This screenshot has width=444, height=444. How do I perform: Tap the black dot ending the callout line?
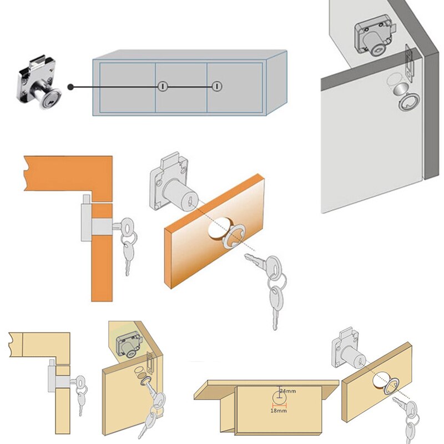[x=71, y=87]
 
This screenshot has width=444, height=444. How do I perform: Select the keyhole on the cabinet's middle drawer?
[x=163, y=87]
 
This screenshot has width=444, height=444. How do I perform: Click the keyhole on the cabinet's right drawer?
[x=217, y=87]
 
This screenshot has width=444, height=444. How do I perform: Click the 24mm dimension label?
[x=287, y=392]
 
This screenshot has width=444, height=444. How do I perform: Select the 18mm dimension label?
[x=278, y=410]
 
